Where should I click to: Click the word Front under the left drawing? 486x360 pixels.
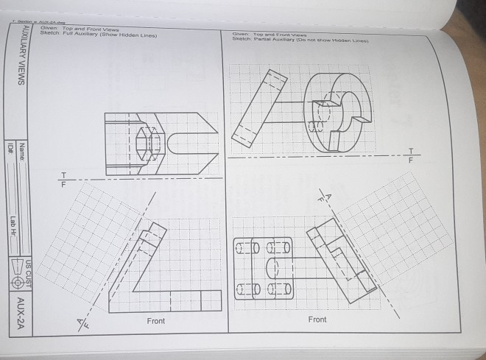pyautogui.click(x=155, y=321)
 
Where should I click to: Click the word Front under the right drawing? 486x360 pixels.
pyautogui.click(x=317, y=320)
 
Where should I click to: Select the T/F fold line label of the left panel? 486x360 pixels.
pyautogui.click(x=63, y=179)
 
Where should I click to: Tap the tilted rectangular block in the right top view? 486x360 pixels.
pyautogui.click(x=258, y=107)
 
